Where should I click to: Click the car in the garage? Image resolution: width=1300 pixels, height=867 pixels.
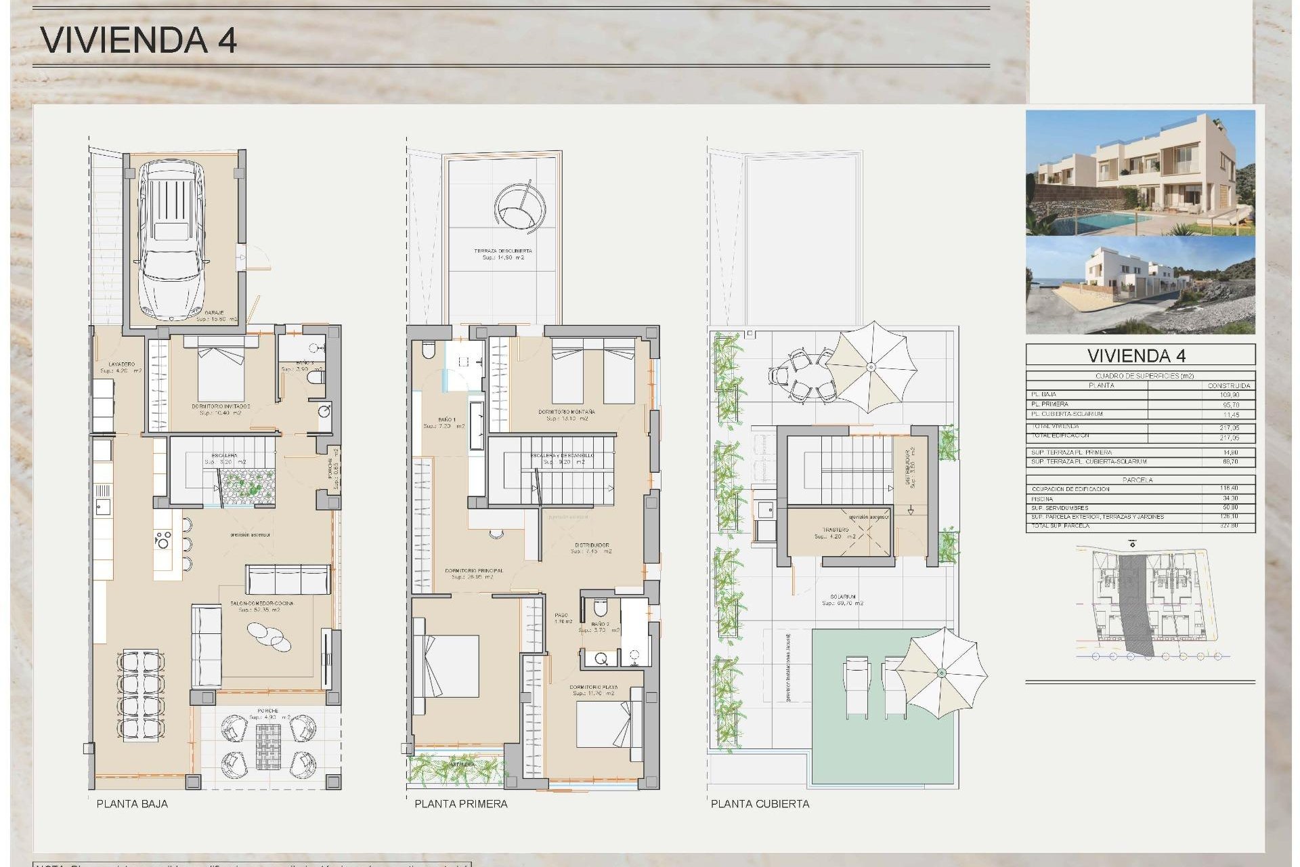coord(172,240)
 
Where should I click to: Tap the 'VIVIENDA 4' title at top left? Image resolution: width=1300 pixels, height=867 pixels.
coord(139,40)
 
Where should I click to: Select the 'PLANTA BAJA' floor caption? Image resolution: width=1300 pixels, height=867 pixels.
coord(132,804)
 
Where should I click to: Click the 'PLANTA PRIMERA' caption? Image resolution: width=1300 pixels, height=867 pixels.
coord(460,804)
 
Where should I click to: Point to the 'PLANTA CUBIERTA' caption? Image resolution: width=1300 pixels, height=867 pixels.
coord(760,804)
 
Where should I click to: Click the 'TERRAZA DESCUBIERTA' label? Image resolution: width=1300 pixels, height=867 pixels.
coord(502,251)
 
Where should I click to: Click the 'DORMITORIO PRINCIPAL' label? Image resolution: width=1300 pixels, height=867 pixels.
coord(474,571)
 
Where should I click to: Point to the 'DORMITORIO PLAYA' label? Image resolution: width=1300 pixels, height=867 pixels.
coord(593,687)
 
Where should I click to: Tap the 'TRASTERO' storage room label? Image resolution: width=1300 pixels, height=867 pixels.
coord(836,530)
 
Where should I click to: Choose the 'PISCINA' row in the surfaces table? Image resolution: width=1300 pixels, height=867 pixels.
coord(1042,499)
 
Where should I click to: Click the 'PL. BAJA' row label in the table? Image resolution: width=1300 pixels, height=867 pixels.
coord(1043,394)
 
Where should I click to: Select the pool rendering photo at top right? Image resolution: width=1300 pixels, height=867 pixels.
coord(1140,173)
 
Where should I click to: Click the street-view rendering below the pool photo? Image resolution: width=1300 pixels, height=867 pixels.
coord(1140,284)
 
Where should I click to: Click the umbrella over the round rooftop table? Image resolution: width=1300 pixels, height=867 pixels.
coord(871,366)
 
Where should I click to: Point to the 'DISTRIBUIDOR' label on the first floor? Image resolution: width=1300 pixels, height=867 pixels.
coord(592,545)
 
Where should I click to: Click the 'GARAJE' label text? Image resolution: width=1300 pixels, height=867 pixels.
coord(205,313)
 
